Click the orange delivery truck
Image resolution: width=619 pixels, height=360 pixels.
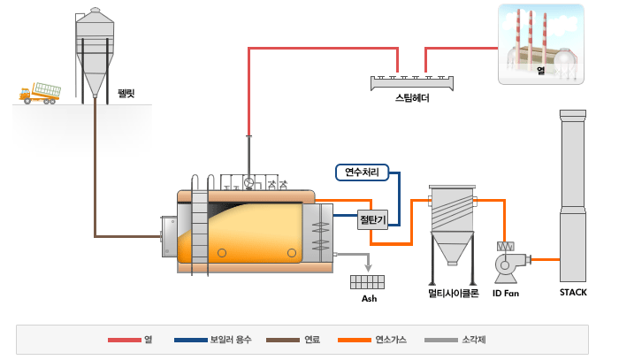tap(40, 94)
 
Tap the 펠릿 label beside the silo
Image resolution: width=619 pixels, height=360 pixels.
tap(126, 94)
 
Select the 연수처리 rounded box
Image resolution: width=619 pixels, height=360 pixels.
tap(362, 172)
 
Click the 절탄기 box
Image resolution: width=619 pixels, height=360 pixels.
tap(372, 219)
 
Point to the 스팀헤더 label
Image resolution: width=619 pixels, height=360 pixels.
tap(412, 98)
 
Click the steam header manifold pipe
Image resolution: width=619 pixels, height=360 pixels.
tap(412, 82)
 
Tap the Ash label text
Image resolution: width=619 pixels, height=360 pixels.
tap(369, 299)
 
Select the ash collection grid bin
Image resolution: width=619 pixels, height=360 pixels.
tap(367, 282)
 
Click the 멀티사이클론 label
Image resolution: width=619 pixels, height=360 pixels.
tap(453, 294)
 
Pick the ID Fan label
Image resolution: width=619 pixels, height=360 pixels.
tap(506, 294)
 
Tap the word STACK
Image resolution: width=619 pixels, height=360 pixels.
tap(573, 293)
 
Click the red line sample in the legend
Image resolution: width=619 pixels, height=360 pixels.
tap(125, 340)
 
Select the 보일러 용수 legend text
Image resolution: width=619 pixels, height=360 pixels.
tap(231, 340)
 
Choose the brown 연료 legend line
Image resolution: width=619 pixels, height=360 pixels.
tap(283, 340)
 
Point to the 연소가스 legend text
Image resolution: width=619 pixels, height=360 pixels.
tap(391, 340)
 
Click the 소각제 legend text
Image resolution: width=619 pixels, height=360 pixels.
tap(474, 340)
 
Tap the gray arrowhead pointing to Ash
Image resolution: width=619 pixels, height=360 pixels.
tap(369, 268)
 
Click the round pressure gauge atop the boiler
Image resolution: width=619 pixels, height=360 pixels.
tap(248, 183)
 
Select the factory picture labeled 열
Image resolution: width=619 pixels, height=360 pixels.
tap(541, 44)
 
